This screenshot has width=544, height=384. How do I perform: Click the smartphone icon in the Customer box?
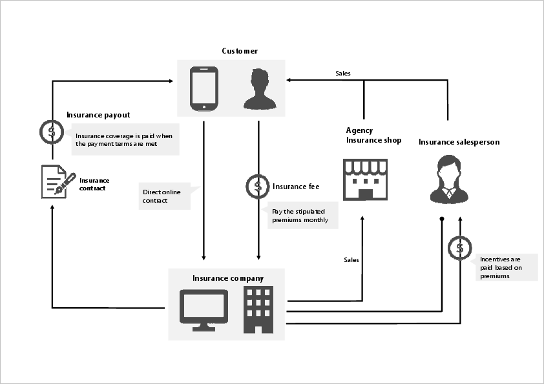tap(204, 88)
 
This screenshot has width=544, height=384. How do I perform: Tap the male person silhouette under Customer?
tap(260, 89)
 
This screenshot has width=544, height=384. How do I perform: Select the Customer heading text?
tap(240, 51)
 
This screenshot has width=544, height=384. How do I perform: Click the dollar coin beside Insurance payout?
tap(52, 132)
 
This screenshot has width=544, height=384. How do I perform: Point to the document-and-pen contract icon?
tap(58, 181)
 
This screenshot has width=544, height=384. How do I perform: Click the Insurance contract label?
tap(94, 184)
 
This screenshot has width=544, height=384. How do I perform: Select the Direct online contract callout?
tap(165, 196)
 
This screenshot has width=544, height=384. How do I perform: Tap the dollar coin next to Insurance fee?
tap(258, 187)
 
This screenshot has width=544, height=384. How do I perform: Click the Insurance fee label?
tap(296, 187)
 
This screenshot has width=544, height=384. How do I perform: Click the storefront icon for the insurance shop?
tap(365, 179)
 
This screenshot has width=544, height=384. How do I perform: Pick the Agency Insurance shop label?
tap(373, 135)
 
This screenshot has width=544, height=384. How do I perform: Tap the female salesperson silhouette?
tap(449, 179)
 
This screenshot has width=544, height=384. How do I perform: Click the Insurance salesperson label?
tap(459, 142)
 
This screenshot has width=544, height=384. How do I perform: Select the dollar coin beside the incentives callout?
tap(460, 248)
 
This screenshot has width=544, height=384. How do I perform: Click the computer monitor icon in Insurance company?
tap(204, 310)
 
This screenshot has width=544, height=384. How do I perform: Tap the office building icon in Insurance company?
tap(258, 310)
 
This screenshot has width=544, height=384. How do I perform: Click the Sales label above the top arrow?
tap(343, 74)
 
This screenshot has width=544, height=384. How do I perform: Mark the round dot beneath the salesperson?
tap(442, 219)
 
